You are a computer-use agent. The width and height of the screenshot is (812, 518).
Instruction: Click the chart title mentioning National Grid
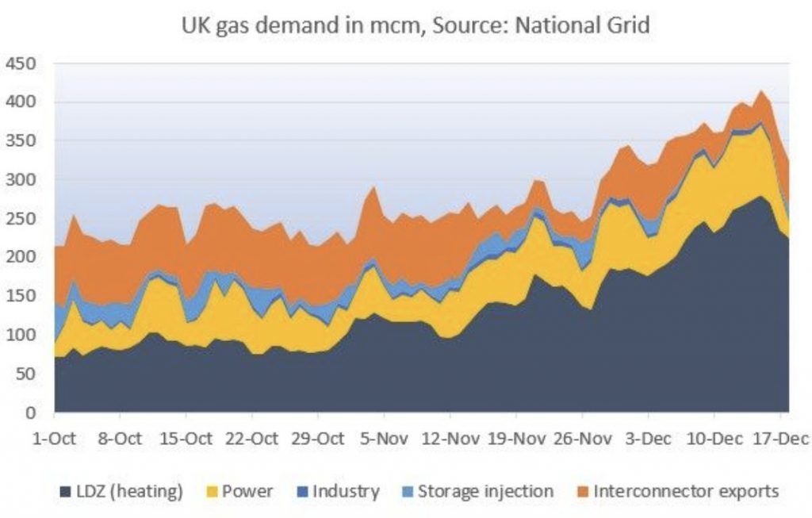(416, 25)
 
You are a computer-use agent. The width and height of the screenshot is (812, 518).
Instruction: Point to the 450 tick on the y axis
(21, 63)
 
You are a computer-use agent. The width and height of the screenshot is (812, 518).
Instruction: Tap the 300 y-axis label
(21, 180)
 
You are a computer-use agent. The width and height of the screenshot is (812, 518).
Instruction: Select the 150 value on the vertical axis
(21, 296)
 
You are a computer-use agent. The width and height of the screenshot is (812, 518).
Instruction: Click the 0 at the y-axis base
(31, 412)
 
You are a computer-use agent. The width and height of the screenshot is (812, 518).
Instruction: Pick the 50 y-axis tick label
(26, 374)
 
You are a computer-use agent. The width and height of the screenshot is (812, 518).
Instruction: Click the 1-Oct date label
(54, 439)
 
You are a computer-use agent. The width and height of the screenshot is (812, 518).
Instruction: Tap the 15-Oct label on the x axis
(186, 439)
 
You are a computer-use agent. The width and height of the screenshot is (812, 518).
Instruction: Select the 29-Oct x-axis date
(317, 439)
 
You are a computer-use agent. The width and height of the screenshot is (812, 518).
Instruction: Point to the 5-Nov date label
(384, 439)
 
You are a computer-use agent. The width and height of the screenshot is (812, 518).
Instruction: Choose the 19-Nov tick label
(516, 439)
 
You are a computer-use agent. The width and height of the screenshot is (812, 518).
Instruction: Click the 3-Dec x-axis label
(648, 439)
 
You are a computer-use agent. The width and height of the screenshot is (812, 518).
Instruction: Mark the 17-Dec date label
(780, 439)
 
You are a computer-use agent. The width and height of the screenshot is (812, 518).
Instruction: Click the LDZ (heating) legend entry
(121, 491)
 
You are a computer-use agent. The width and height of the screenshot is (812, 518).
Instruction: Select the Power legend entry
(239, 491)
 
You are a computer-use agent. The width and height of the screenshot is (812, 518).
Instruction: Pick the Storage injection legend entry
(477, 491)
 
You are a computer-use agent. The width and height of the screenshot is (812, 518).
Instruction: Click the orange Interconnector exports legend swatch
(583, 492)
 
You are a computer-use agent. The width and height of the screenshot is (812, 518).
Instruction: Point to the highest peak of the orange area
(760, 91)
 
